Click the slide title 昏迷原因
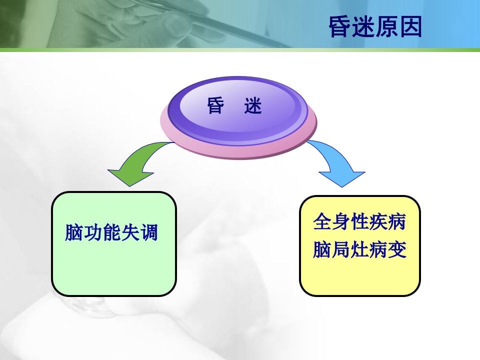coord(375,27)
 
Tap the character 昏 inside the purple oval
coord(216,105)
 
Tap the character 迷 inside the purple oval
coord(253,105)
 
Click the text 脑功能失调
coord(111,232)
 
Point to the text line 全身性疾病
coord(359,221)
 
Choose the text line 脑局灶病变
coord(359,249)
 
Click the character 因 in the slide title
coord(411,27)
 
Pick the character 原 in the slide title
coord(387,27)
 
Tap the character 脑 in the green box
coord(74,232)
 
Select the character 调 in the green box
coord(149,232)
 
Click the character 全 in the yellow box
coord(322,221)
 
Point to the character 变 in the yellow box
coord(397,249)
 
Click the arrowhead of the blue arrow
coord(342,179)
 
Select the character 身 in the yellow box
coord(340,221)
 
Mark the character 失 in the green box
coord(130,232)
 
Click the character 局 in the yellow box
coord(340,249)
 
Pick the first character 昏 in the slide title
coord(340,27)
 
